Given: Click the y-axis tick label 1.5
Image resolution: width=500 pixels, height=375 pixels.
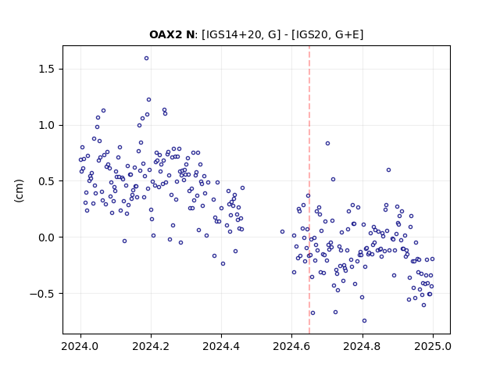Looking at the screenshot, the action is [47, 70].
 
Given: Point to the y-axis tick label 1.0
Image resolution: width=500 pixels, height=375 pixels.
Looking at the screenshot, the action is [47, 125].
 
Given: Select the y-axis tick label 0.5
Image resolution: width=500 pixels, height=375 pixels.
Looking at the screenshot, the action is [47, 181].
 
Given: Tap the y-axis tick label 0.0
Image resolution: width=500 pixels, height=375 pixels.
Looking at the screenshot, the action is [47, 237].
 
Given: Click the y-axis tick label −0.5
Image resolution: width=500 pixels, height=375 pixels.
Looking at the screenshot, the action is [42, 294].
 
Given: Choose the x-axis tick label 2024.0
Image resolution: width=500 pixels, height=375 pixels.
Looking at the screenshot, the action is [80, 346].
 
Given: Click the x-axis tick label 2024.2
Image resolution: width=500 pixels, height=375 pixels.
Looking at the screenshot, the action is [151, 346].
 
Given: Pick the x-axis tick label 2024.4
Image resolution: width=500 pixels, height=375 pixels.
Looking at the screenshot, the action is [221, 346].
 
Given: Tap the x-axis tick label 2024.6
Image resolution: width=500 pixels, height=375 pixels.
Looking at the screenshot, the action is [291, 346].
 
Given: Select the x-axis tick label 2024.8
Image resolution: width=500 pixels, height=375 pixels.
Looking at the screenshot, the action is [362, 346].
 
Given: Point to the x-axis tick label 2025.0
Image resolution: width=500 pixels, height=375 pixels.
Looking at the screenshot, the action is [433, 346].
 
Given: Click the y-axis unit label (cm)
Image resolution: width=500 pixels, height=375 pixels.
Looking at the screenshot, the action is [19, 191].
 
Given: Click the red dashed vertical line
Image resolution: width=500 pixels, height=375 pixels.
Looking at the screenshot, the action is [309, 190].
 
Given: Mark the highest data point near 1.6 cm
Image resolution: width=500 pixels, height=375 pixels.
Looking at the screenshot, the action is [146, 59].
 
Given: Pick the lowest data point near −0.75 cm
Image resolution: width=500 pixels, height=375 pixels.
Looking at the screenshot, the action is [365, 321].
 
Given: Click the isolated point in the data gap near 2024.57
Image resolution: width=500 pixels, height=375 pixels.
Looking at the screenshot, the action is [282, 232].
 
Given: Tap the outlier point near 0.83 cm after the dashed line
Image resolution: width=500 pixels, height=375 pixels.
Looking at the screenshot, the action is [327, 144].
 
